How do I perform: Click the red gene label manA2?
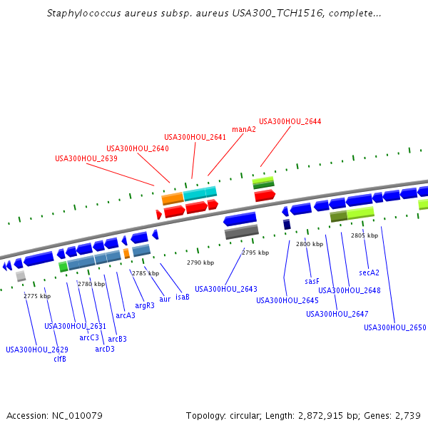click(x=244, y=129)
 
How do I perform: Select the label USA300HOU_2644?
click(x=290, y=121)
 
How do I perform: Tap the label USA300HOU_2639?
click(x=86, y=158)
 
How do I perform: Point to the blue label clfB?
click(x=60, y=359)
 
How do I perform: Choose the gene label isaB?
click(x=182, y=297)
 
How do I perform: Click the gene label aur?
click(x=165, y=300)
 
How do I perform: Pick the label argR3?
click(x=145, y=306)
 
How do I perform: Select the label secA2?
click(x=369, y=272)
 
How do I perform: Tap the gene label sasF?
click(x=312, y=282)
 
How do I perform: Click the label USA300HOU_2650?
click(x=394, y=327)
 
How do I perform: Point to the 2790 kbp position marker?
click(x=200, y=263)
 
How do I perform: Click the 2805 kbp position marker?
click(x=363, y=235)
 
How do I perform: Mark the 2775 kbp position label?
click(x=37, y=296)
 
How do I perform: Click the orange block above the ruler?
click(x=173, y=198)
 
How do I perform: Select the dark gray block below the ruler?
click(x=241, y=232)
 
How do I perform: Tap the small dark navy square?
click(x=287, y=225)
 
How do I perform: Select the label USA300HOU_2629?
click(x=37, y=350)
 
